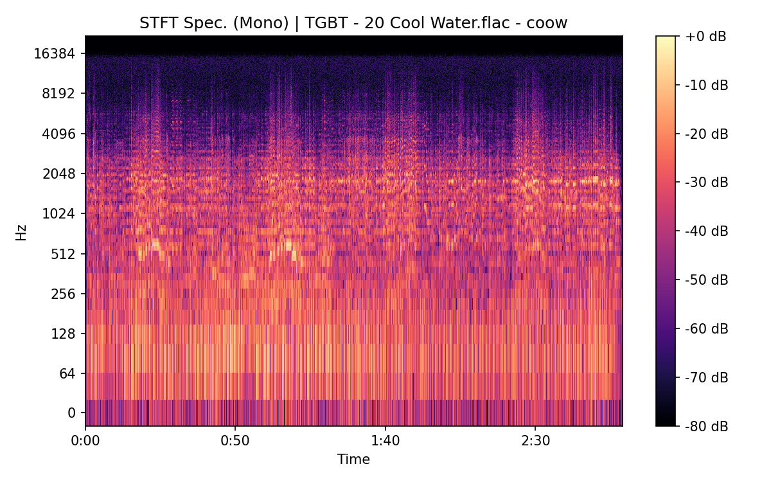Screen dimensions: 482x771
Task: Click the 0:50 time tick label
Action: pos(235,441)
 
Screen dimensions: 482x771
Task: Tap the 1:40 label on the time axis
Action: pos(385,441)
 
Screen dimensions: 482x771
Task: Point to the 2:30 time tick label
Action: pos(535,441)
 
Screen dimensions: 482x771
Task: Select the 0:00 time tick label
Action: pos(85,441)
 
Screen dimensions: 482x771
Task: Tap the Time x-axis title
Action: pos(353,460)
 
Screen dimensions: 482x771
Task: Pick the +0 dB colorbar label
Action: pos(705,37)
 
